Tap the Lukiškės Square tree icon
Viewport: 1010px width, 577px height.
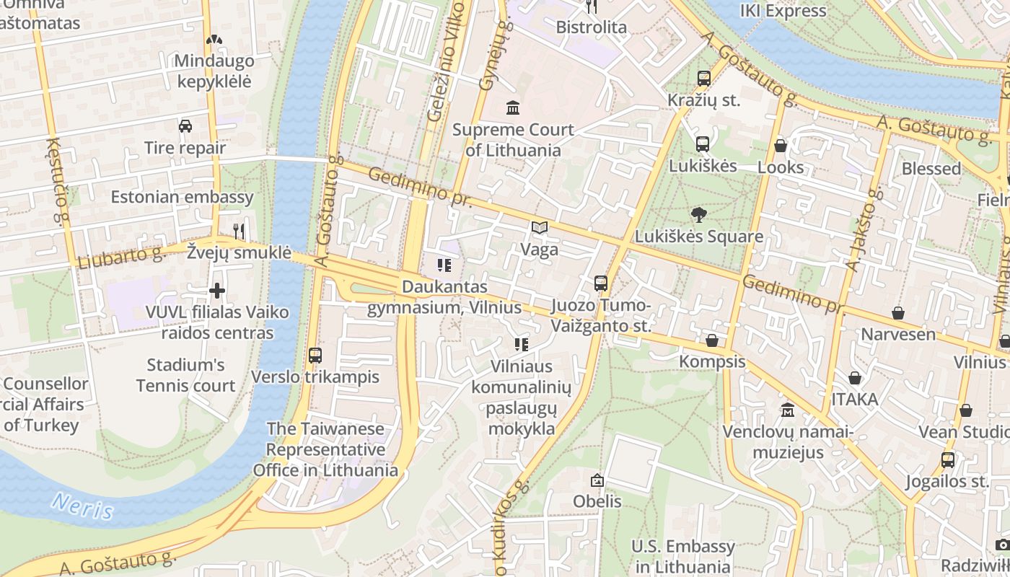(x=698, y=214)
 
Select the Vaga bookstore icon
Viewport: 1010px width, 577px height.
(x=540, y=228)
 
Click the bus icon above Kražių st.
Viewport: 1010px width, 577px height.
(x=703, y=79)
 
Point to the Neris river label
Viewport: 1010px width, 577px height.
(x=83, y=506)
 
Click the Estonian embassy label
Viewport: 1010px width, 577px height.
(x=182, y=197)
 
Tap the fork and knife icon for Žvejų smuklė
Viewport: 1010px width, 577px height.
(x=239, y=231)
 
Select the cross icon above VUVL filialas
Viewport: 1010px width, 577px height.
(x=216, y=291)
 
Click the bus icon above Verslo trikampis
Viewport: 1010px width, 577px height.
(x=315, y=355)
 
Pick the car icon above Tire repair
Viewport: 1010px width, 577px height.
(x=185, y=126)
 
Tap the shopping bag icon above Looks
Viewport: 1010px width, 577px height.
(x=780, y=146)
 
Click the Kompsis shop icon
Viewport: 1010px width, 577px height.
(x=712, y=340)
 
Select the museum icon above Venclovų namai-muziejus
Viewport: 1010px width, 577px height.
(x=788, y=410)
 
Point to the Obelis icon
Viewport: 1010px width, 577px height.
(x=597, y=480)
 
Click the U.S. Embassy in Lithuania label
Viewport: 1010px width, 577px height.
(x=682, y=556)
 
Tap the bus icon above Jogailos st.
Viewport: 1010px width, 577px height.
(x=947, y=459)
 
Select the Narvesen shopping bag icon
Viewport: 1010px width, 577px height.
(x=898, y=313)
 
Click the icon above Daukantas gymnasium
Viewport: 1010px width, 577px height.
(x=444, y=265)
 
